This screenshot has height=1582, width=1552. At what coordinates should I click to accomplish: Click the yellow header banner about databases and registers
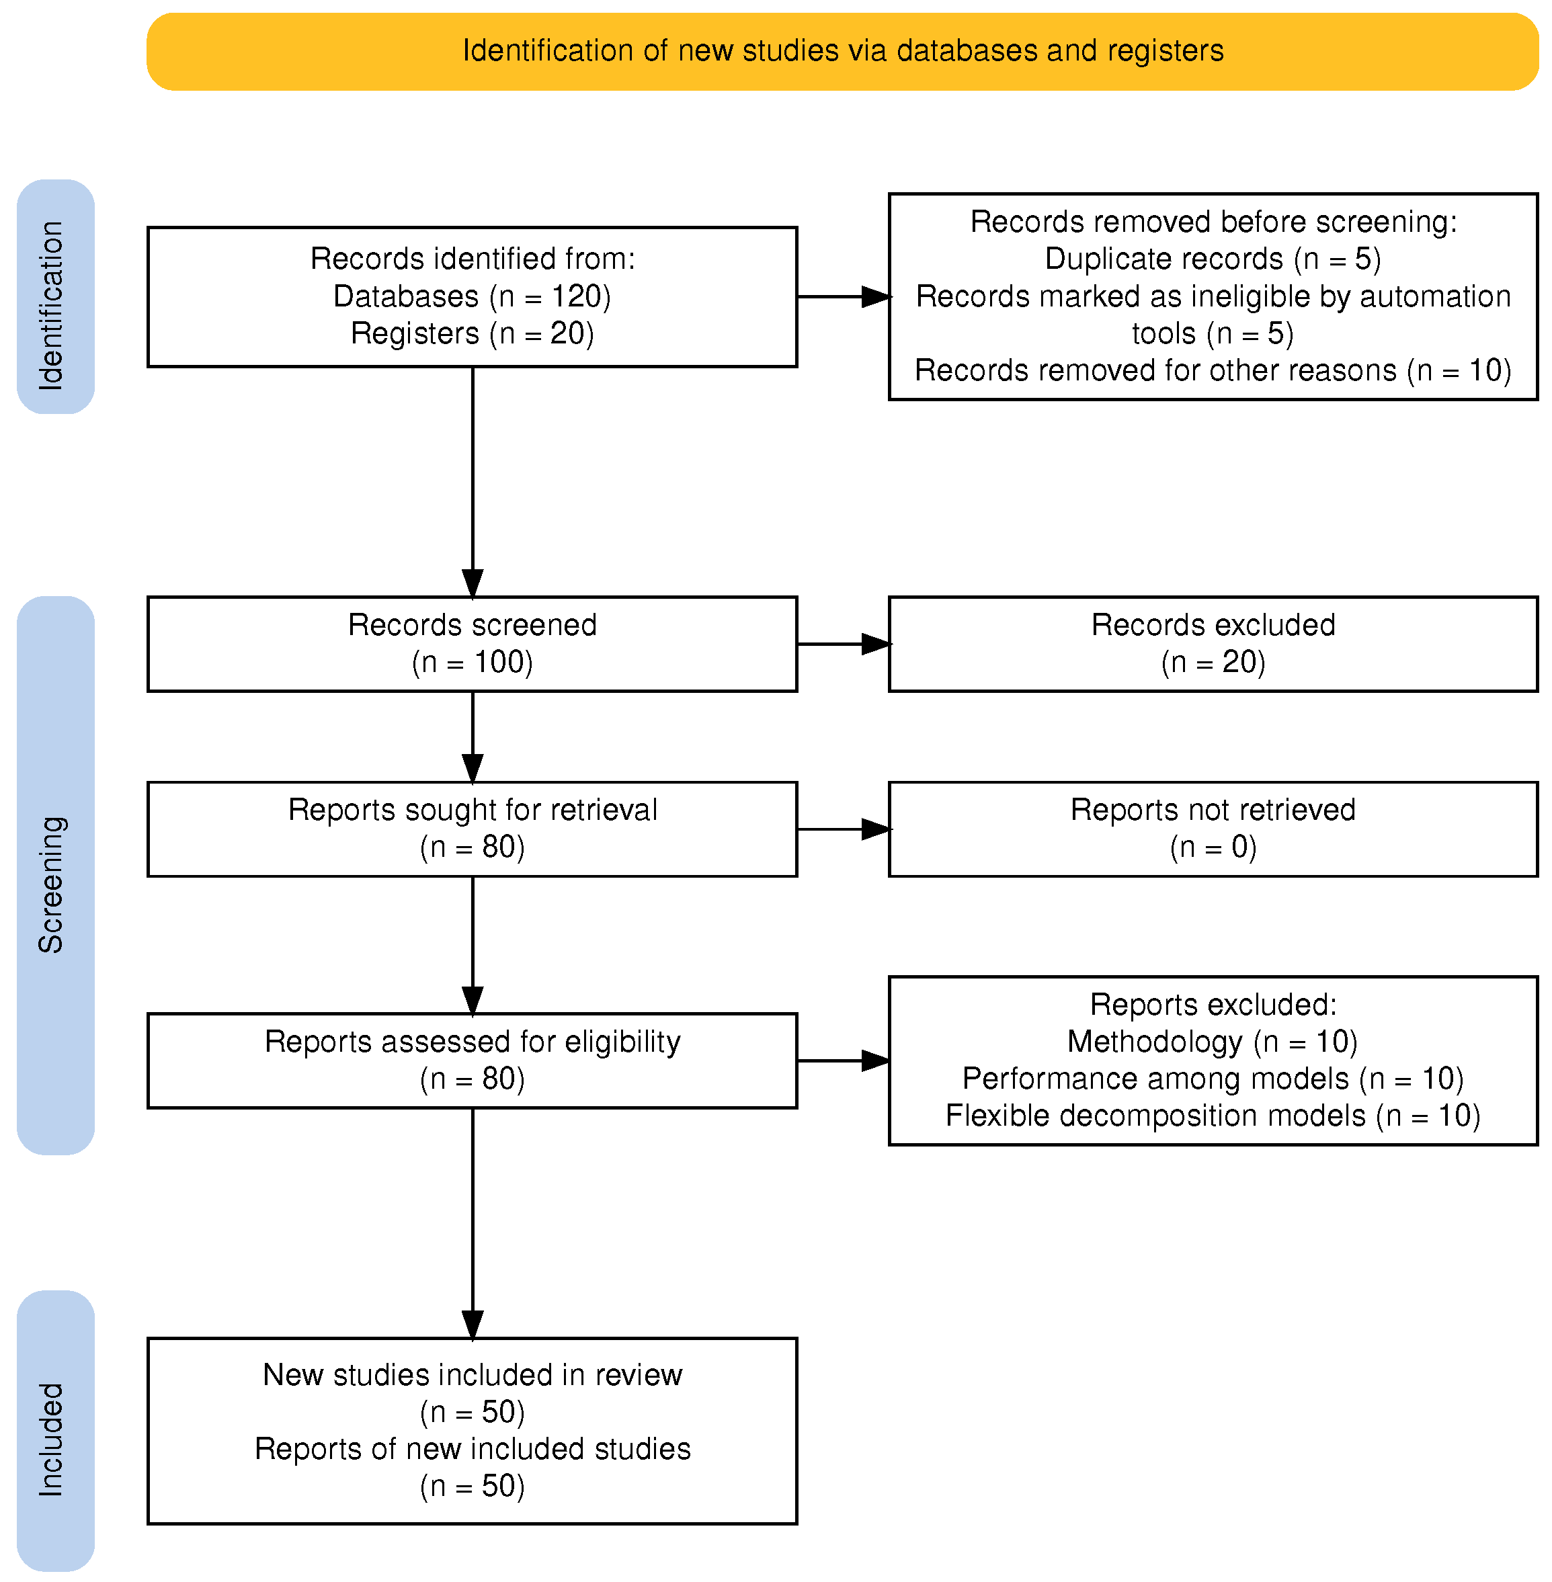tap(842, 50)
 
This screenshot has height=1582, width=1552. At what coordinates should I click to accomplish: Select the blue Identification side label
tap(54, 296)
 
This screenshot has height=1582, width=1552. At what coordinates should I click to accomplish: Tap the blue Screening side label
tap(54, 876)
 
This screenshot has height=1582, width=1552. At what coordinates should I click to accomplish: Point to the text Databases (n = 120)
tap(472, 296)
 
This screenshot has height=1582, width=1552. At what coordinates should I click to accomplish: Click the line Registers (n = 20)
tap(472, 333)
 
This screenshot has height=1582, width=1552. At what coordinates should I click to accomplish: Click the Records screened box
tap(472, 644)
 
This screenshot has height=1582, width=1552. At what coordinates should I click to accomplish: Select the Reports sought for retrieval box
tap(472, 829)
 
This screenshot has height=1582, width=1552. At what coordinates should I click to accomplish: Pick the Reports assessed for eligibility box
tap(472, 1060)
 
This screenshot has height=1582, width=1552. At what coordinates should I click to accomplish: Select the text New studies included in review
tap(472, 1375)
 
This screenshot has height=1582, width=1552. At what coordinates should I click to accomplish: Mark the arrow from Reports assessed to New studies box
tap(473, 1222)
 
